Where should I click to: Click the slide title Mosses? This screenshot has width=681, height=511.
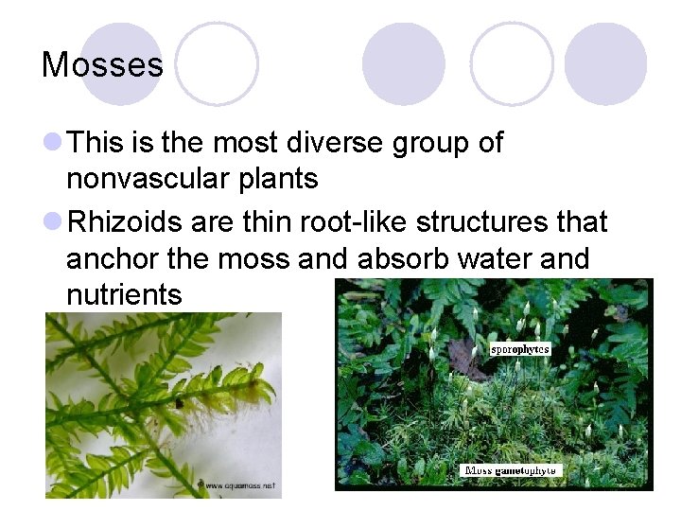[x=102, y=65]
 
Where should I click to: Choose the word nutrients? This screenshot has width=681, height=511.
[x=124, y=294]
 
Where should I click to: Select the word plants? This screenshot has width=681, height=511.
[x=275, y=180]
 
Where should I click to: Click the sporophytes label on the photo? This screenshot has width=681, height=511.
[x=519, y=349]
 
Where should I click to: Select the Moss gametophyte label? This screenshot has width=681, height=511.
[x=510, y=470]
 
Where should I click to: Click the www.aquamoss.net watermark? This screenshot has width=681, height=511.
[x=236, y=485]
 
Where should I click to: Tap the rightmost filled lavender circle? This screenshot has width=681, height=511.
[x=605, y=63]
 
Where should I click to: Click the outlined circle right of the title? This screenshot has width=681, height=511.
[x=217, y=63]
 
